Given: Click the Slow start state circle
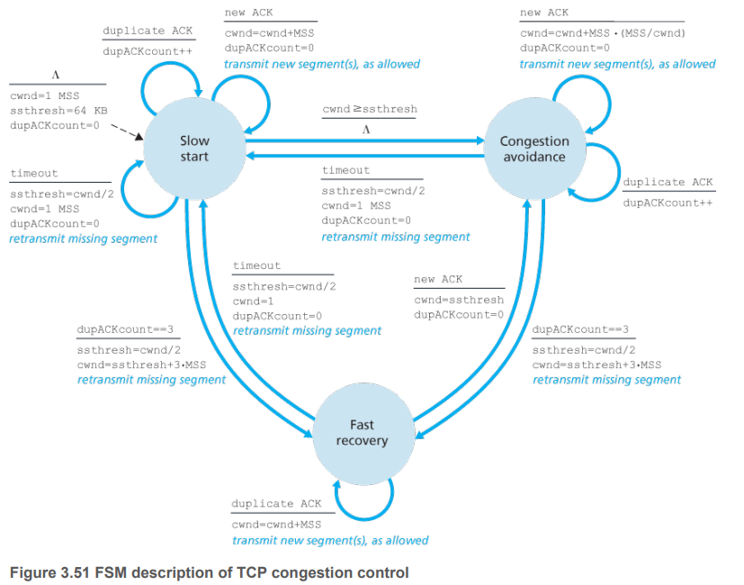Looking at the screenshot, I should pos(193,148).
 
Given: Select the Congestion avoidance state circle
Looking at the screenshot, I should pos(534,148).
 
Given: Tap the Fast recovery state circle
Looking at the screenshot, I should pos(362,432).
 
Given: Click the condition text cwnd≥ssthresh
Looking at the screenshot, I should pos(370,110).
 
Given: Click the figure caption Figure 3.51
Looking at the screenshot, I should pos(208,572).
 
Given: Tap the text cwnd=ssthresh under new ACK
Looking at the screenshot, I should pos(459,300).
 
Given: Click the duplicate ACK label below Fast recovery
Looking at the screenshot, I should pos(275,504).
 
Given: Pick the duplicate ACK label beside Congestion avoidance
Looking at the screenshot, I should pos(668,182).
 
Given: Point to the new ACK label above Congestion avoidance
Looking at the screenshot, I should pos(543,13).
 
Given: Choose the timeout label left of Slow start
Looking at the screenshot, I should pos(34,174).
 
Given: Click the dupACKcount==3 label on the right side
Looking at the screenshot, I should pos(580,330).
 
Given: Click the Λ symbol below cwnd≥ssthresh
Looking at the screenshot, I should pos(365,129).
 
